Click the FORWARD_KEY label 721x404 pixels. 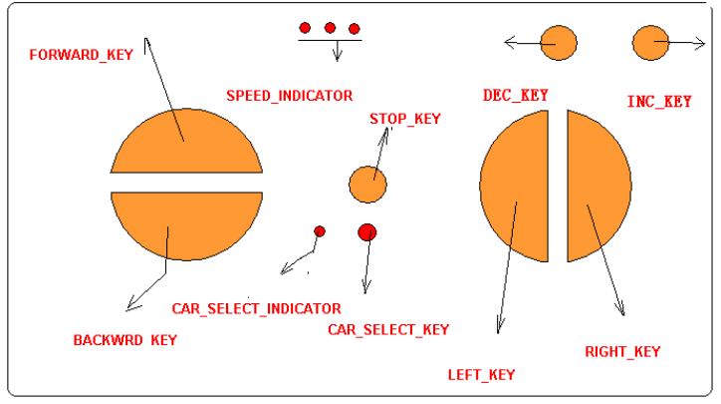click(81, 54)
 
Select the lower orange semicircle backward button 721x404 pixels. click(186, 223)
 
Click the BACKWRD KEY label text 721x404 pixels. click(125, 340)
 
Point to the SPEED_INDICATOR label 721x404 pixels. click(289, 96)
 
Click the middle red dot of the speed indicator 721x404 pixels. click(330, 28)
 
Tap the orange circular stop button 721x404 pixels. click(367, 185)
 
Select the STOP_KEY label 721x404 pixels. click(405, 119)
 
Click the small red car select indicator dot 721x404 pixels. click(320, 231)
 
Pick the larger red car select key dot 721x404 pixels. click(367, 232)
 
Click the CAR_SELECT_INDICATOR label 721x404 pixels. click(256, 309)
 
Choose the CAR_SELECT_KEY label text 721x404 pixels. click(388, 329)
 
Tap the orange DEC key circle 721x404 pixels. click(558, 43)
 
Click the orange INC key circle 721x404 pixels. click(650, 43)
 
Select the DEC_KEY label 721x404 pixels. click(516, 95)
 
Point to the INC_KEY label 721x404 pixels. click(659, 102)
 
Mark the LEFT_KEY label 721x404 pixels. click(482, 374)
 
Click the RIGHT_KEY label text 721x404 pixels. click(622, 351)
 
